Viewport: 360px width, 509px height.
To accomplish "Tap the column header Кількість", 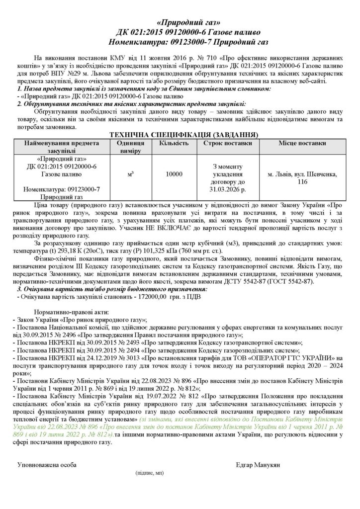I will tap(174, 143).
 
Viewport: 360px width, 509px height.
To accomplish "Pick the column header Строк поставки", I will tap(227, 143).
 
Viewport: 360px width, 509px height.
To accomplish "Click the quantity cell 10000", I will tap(174, 174).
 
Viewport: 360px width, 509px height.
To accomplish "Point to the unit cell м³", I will tap(130, 174).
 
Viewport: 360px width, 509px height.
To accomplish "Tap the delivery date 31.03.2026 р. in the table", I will tap(227, 189).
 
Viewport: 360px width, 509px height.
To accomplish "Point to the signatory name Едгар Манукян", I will tap(259, 464).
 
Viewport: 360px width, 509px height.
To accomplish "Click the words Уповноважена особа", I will tap(47, 464).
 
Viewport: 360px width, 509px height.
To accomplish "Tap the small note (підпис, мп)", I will tap(149, 474).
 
